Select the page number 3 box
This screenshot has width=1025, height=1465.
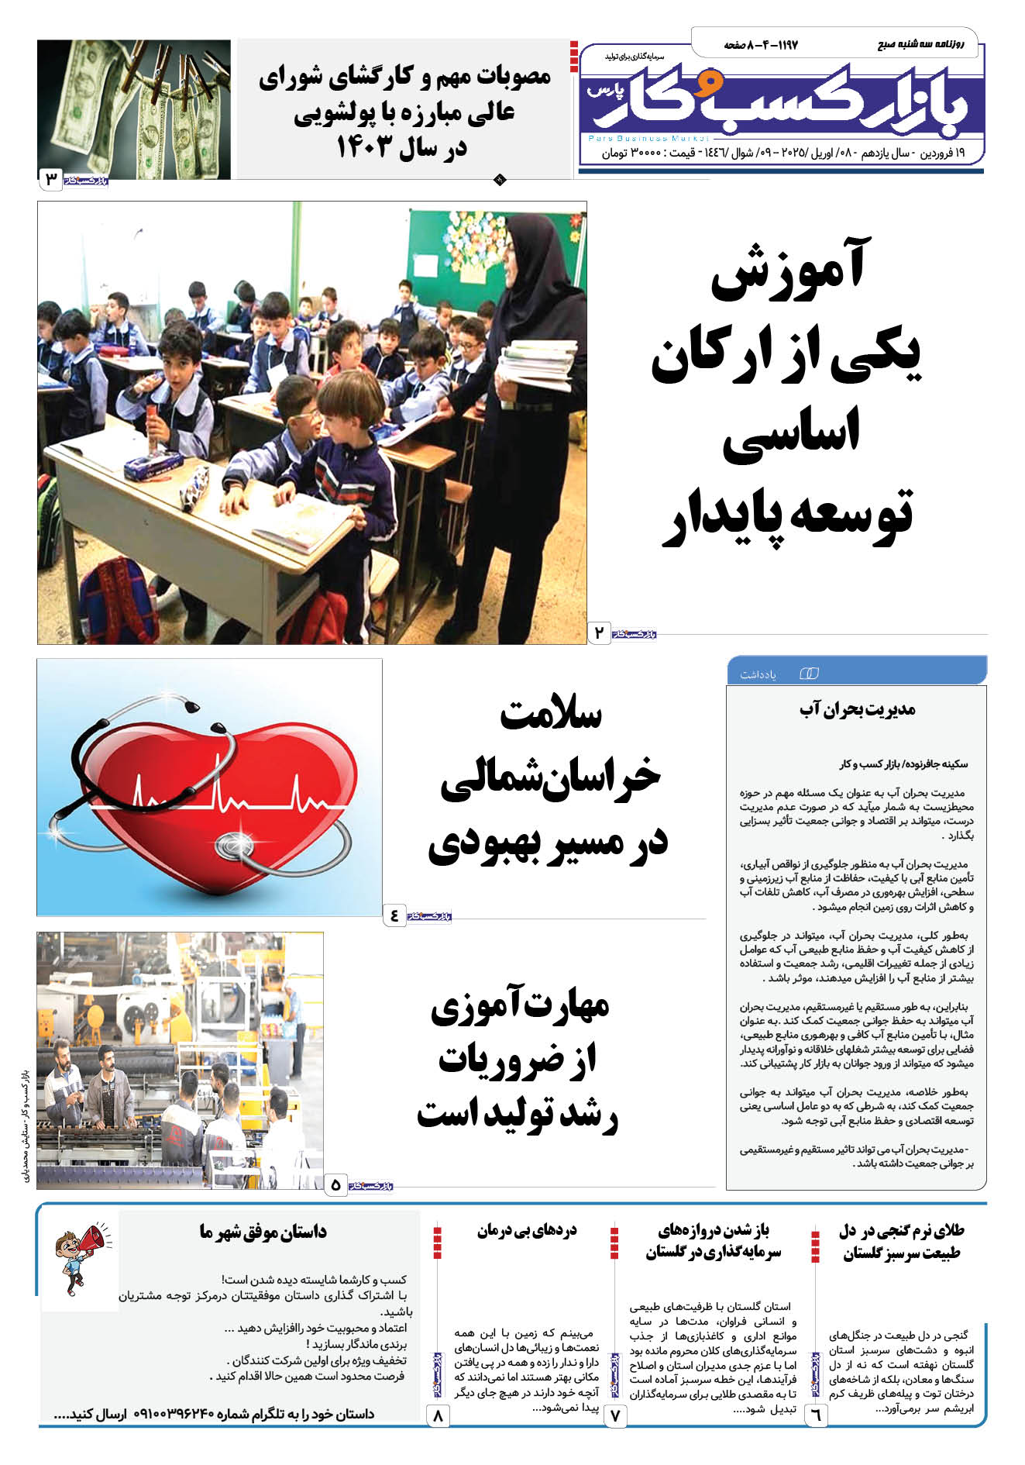coord(51,180)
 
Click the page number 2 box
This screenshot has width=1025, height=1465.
coord(598,633)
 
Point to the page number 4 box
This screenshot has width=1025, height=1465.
coord(394,915)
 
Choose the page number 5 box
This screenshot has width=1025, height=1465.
coord(335,1185)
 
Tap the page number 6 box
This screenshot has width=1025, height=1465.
coord(816,1415)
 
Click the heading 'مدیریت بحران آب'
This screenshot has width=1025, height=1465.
coord(857,709)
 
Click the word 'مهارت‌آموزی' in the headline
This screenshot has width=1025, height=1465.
coord(520,1007)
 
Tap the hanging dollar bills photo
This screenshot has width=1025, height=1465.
coord(134,109)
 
